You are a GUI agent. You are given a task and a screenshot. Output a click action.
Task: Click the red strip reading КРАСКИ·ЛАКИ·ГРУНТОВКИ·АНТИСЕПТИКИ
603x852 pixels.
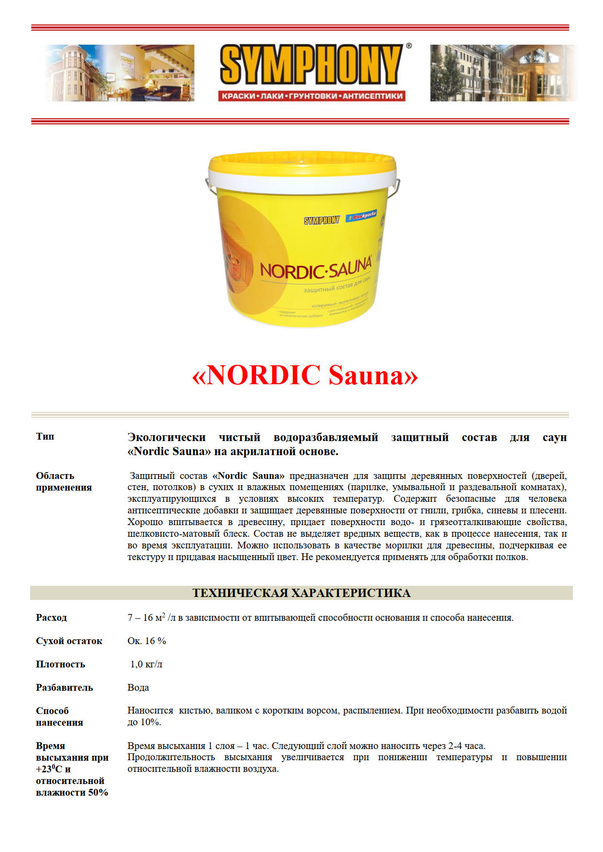(x=312, y=96)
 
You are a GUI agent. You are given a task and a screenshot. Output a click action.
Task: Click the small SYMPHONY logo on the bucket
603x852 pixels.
(x=322, y=221)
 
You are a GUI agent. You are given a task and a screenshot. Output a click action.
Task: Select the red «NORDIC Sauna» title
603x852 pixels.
(x=305, y=375)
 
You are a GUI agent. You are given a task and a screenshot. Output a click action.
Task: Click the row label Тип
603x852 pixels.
(x=45, y=436)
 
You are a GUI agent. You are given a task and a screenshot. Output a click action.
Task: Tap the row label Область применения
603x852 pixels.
(x=64, y=481)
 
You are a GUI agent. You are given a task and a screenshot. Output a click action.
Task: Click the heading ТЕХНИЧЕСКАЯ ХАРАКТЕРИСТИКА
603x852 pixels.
(x=301, y=593)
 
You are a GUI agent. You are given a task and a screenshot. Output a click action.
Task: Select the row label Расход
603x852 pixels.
(x=52, y=618)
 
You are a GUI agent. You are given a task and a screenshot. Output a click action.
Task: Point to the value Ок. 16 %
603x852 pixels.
(x=147, y=641)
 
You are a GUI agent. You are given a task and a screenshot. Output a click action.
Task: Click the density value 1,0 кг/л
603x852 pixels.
(x=146, y=665)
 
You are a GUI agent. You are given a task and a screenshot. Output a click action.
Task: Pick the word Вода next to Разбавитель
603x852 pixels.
(x=138, y=688)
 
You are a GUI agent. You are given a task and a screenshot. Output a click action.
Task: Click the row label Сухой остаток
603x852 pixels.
(x=69, y=641)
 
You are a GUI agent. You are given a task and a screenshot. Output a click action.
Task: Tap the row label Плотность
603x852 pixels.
(x=60, y=665)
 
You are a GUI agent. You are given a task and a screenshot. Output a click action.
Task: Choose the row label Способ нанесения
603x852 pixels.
(x=59, y=716)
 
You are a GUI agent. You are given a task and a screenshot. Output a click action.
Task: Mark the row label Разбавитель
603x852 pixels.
(x=64, y=688)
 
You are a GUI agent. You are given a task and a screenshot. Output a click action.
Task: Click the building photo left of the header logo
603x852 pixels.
(x=119, y=73)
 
